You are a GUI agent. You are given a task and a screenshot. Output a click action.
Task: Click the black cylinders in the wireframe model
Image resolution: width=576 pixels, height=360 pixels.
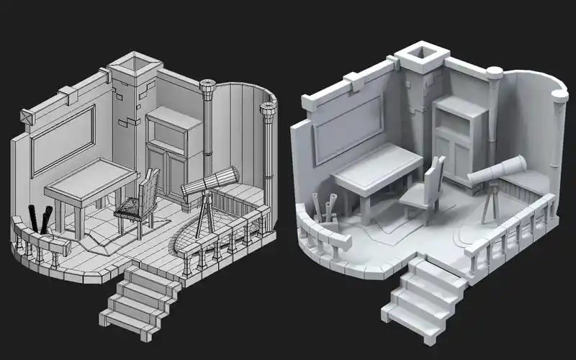[40, 220]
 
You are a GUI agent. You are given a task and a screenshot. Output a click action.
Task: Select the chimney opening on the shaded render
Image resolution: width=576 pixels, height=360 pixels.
[422, 55]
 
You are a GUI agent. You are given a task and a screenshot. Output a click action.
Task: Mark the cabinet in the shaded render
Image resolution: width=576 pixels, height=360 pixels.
[454, 137]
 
